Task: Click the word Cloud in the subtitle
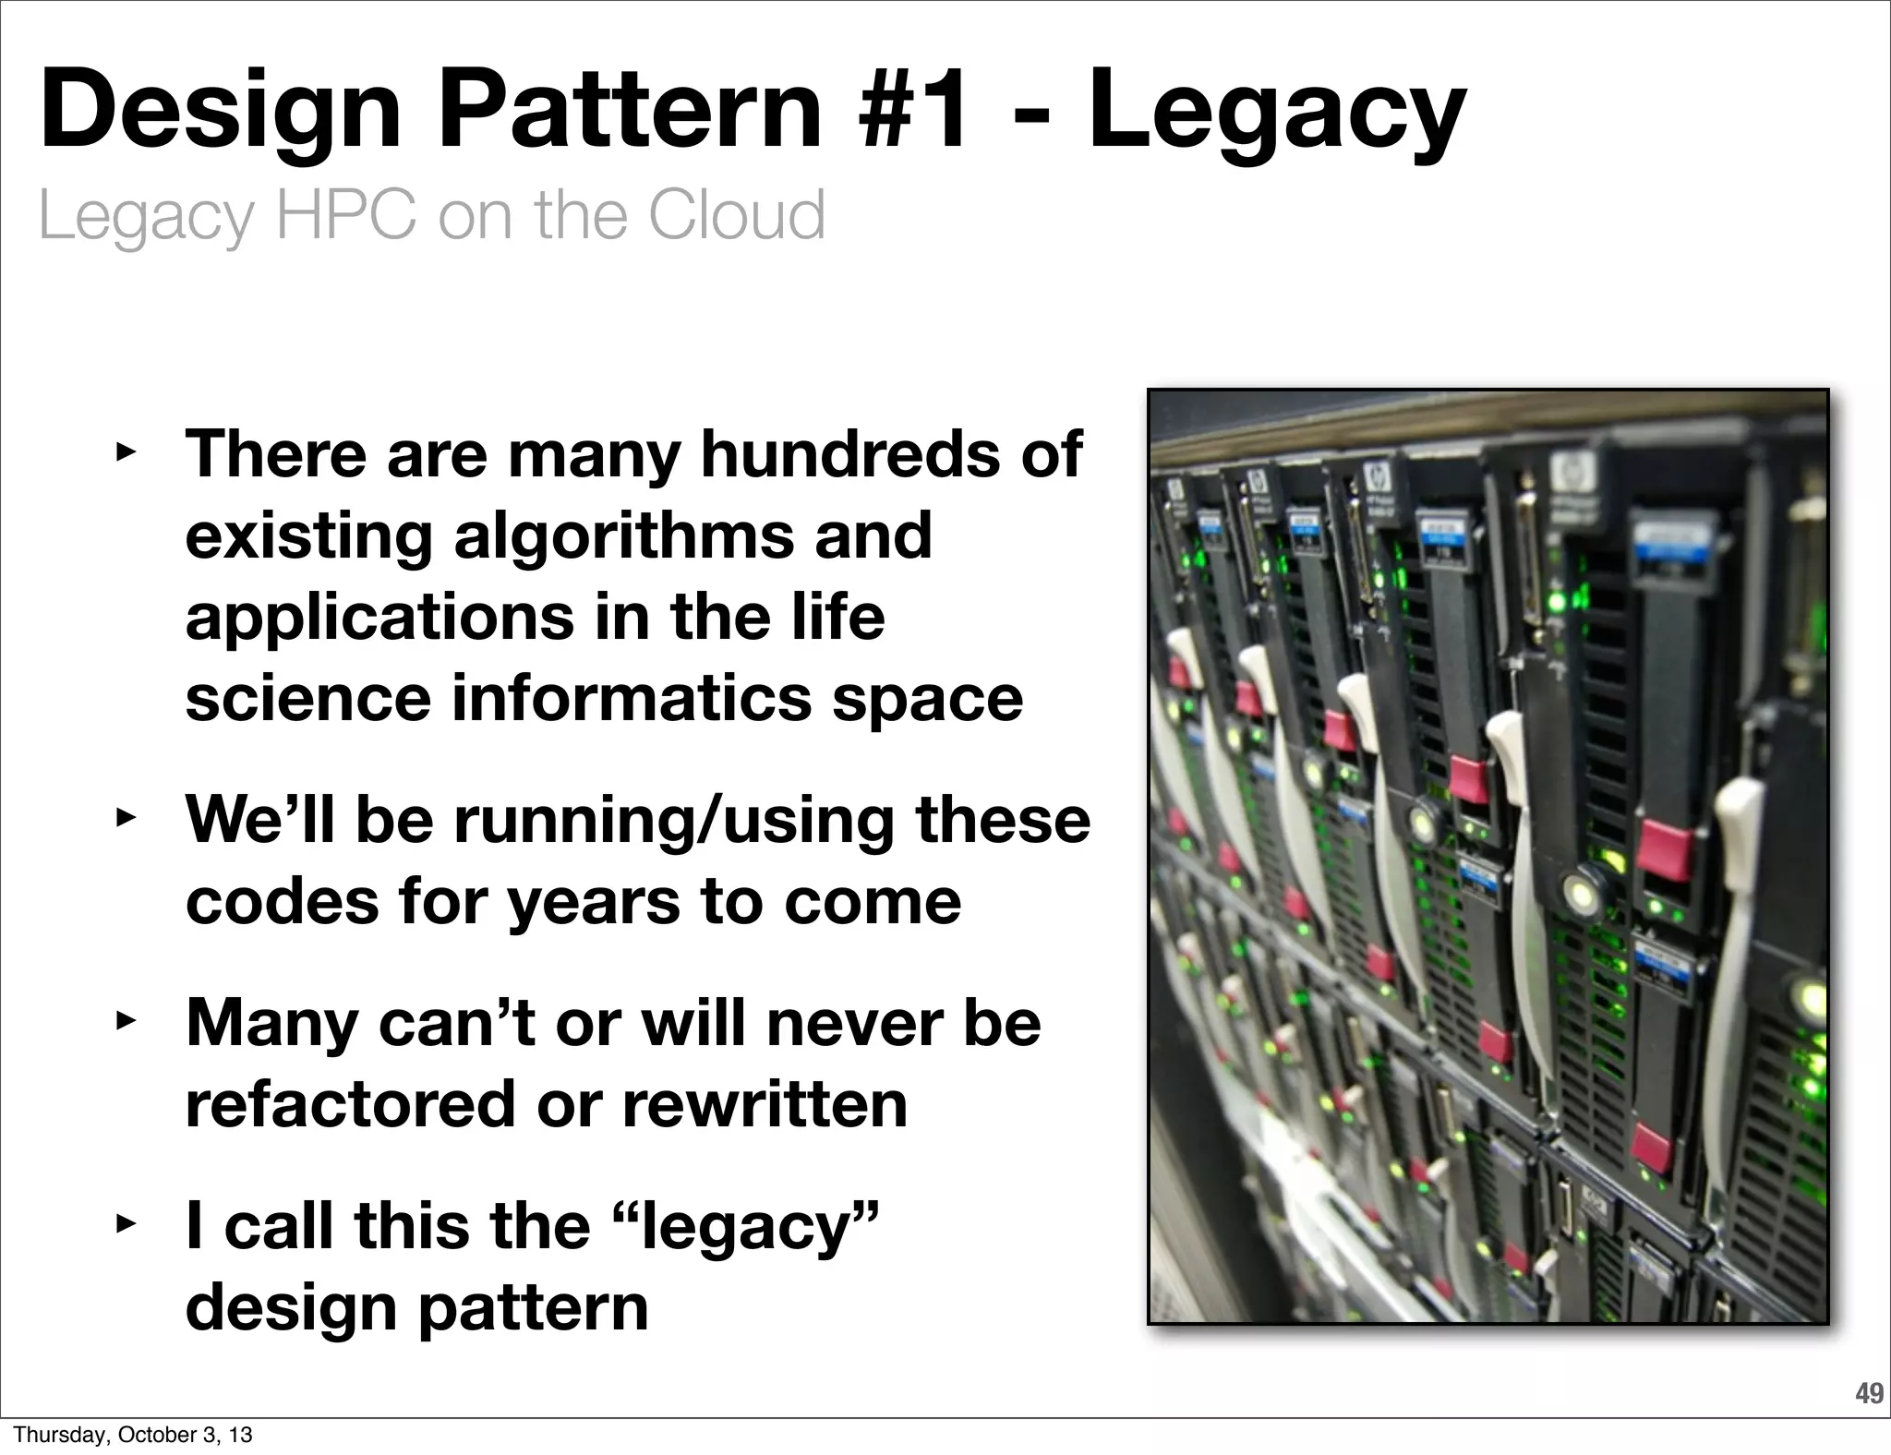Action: click(736, 214)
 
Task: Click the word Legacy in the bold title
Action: click(1276, 113)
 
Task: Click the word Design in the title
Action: click(221, 113)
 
